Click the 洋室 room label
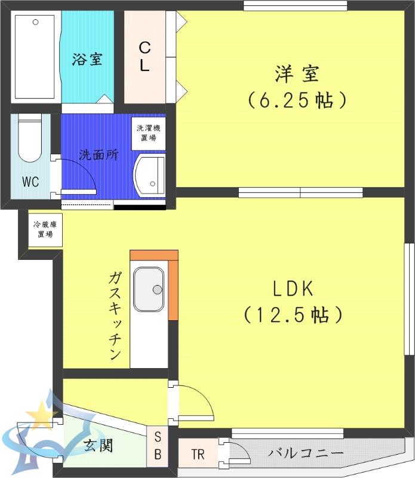pyautogui.click(x=297, y=73)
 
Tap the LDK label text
pyautogui.click(x=293, y=289)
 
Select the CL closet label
pyautogui.click(x=145, y=57)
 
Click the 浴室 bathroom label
pyautogui.click(x=87, y=59)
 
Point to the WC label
pyautogui.click(x=30, y=182)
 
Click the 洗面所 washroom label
pyautogui.click(x=99, y=155)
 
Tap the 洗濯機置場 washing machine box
pyautogui.click(x=149, y=133)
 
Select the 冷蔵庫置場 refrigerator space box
pyautogui.click(x=45, y=229)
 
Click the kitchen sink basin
pyautogui.click(x=149, y=289)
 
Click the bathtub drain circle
pyautogui.click(x=36, y=22)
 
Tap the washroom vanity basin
pyautogui.click(x=149, y=175)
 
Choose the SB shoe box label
pyautogui.click(x=158, y=445)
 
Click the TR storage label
pyautogui.click(x=198, y=454)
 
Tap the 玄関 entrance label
pyautogui.click(x=99, y=445)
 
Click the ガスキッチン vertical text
pyautogui.click(x=115, y=316)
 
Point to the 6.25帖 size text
pyautogui.click(x=297, y=100)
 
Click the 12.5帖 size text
pyautogui.click(x=293, y=315)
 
